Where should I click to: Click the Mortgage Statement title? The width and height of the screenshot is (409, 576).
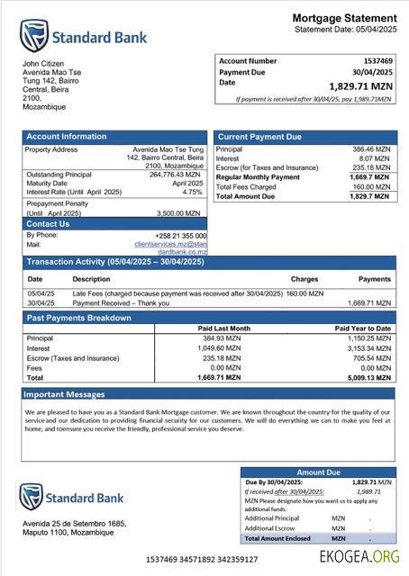344,19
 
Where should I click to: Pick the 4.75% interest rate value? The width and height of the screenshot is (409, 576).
192,192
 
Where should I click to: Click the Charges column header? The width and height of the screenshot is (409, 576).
304,279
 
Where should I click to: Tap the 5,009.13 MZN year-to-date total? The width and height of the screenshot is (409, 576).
369,378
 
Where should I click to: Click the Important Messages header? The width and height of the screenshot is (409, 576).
64,395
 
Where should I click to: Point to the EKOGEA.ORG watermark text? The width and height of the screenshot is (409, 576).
359,557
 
